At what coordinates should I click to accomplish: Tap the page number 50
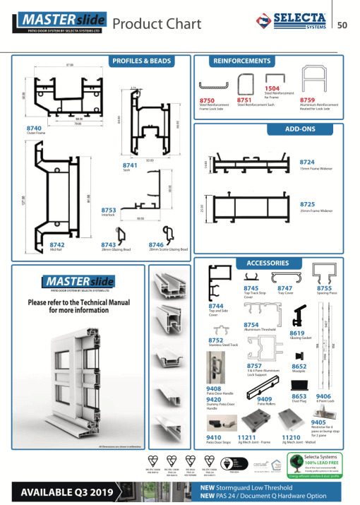coord(343,26)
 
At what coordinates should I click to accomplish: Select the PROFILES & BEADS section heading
coord(142,61)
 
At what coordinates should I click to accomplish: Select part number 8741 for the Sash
coord(131,164)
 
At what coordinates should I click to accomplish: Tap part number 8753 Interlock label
coord(109,210)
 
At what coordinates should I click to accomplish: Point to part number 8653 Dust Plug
coord(299,397)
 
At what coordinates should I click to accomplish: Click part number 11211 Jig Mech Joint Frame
coord(246,437)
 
